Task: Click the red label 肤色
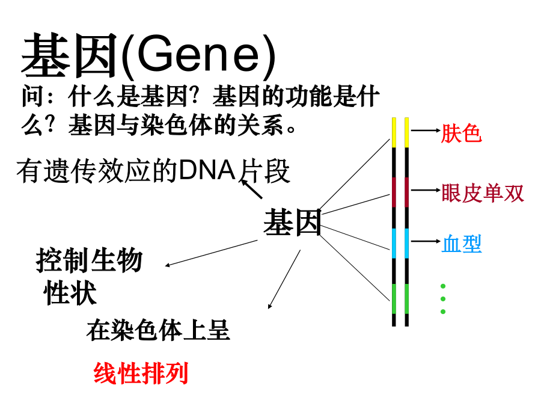point(461,134)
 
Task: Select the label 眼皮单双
point(483,193)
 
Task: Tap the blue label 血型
point(461,244)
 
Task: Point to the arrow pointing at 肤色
point(426,130)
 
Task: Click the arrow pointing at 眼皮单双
point(426,190)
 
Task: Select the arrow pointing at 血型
point(426,241)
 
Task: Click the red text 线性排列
point(141,373)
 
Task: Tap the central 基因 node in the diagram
point(292,223)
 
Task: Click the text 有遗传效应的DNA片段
point(153,171)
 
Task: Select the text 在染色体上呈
point(158,330)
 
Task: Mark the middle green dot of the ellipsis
point(443,298)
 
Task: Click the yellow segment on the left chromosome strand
point(394,132)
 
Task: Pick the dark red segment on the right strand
point(407,192)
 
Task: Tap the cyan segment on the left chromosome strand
point(394,243)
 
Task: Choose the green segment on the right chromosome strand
point(407,298)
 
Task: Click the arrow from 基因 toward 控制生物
point(212,253)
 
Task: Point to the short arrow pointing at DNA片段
point(251,188)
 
